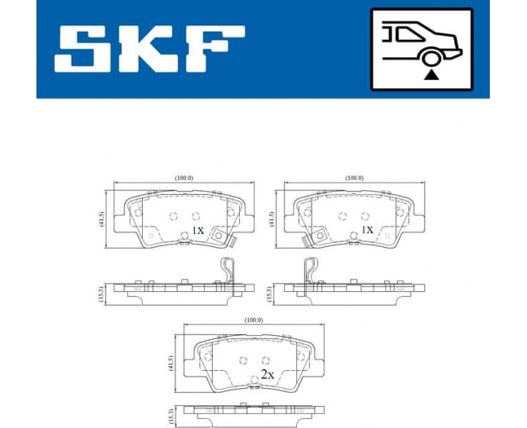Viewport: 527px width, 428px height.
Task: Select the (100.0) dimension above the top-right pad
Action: pyautogui.click(x=354, y=178)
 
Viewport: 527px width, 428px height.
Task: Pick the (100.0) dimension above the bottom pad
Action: pyautogui.click(x=254, y=320)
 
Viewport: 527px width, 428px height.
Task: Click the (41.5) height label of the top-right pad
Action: pyautogui.click(x=271, y=219)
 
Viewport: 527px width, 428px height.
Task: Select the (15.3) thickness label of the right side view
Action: pyautogui.click(x=269, y=292)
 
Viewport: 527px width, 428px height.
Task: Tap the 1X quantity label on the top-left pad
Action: pyautogui.click(x=199, y=231)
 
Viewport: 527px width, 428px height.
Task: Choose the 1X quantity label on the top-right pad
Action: pyautogui.click(x=367, y=230)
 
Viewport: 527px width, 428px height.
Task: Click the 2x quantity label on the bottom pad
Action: pyautogui.click(x=267, y=373)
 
